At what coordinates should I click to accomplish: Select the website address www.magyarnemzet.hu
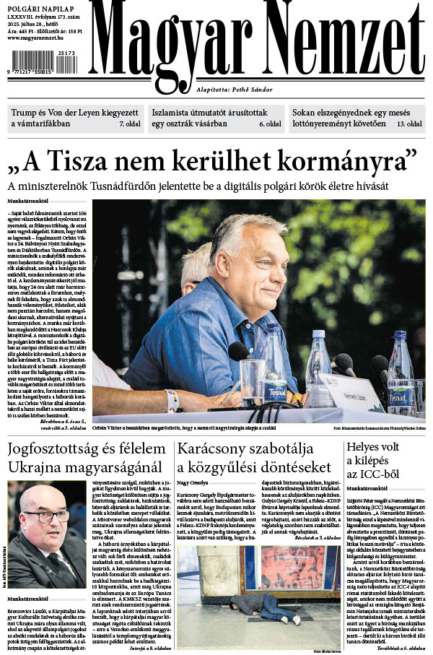coord(38,38)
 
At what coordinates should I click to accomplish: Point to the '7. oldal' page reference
coord(130,124)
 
